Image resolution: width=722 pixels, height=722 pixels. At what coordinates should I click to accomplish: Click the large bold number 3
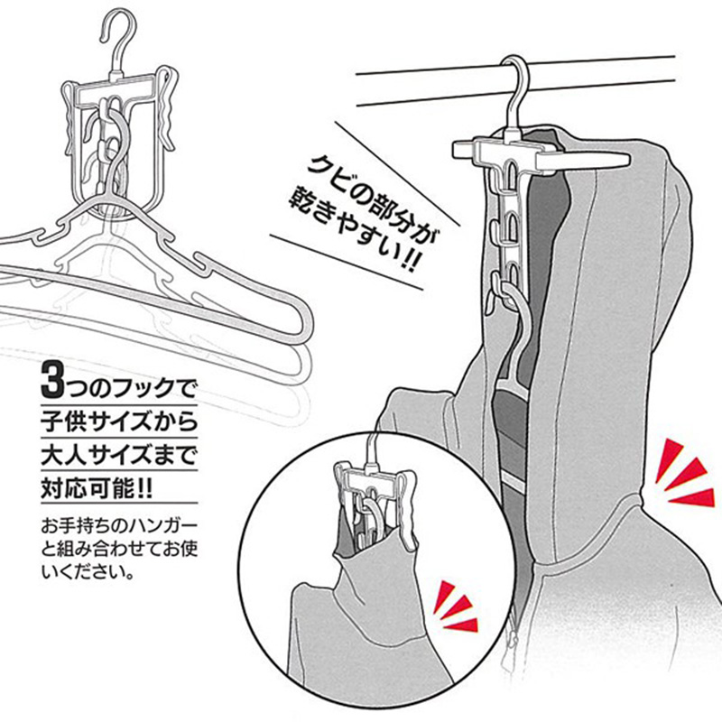coord(53,379)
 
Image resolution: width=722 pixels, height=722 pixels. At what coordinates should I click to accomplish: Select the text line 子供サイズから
coord(119,421)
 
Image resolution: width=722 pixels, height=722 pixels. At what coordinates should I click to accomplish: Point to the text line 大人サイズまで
coord(119,454)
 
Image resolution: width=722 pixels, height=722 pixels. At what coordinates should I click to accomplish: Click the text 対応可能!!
coord(97,487)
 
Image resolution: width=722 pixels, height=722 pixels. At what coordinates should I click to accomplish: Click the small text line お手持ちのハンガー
coord(119,526)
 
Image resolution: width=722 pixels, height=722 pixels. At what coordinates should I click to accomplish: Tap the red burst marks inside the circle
coord(457,606)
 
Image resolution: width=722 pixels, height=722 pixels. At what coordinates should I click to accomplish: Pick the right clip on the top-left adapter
coord(167,108)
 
